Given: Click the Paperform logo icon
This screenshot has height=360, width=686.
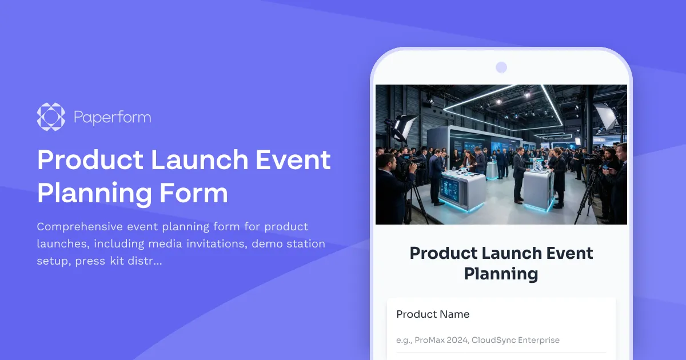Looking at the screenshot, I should [x=51, y=117].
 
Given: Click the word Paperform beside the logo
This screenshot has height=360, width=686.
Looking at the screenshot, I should [x=112, y=118].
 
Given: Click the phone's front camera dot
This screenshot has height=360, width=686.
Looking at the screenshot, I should [x=501, y=67].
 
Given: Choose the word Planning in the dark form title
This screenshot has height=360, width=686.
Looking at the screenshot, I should [x=501, y=273].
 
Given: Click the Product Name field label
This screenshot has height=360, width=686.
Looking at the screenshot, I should [x=433, y=314].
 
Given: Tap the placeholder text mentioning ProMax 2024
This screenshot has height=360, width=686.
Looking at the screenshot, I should [x=478, y=340].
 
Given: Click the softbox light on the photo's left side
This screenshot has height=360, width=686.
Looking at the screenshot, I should [x=404, y=126].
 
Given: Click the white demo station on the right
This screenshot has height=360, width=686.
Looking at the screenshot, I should [x=539, y=189].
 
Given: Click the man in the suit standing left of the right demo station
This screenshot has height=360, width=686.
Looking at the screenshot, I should [x=519, y=174].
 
